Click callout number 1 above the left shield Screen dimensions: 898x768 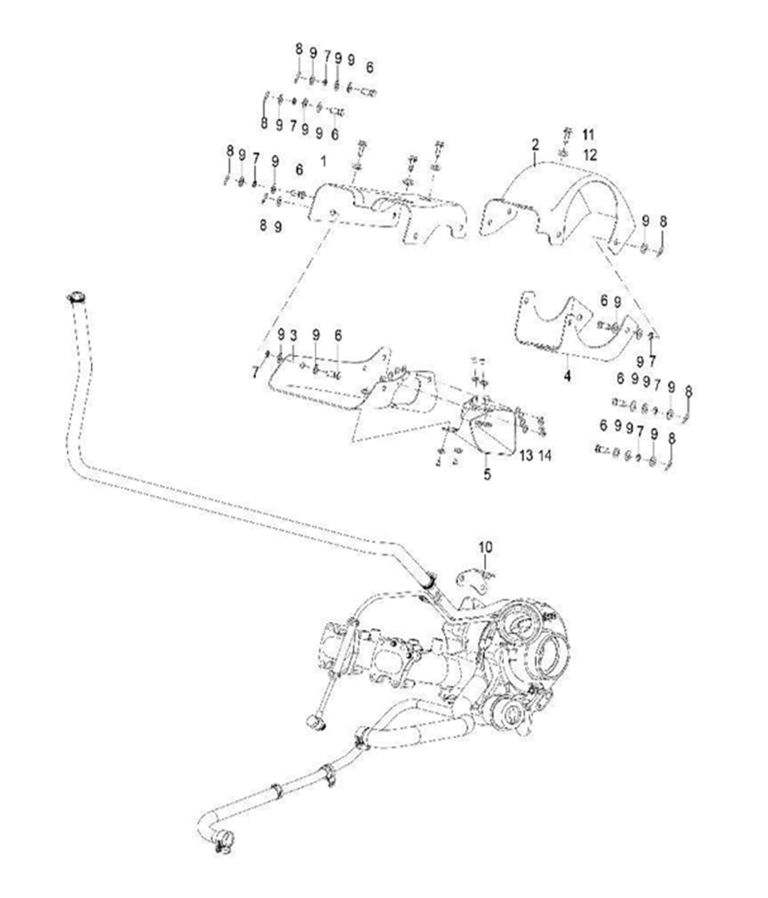323,157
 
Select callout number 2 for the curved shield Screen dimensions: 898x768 535,144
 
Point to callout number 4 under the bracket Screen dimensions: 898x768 568,374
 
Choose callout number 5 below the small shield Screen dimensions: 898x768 487,475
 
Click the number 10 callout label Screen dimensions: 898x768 485,547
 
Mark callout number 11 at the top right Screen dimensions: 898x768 588,133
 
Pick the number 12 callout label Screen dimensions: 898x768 588,154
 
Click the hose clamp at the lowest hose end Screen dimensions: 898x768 220,845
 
